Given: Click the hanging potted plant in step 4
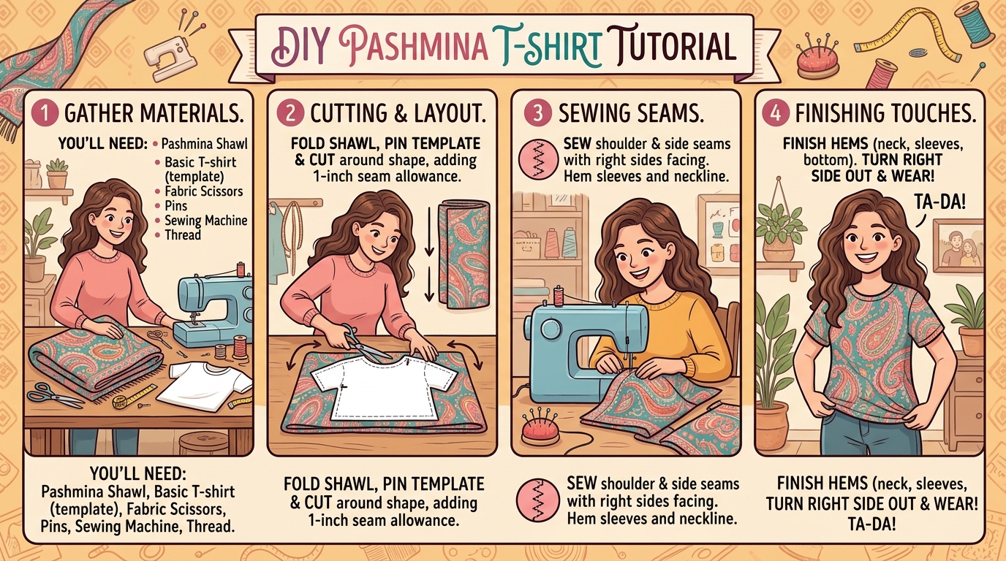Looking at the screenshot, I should [779, 226].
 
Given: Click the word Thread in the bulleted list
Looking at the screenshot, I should [182, 234].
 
